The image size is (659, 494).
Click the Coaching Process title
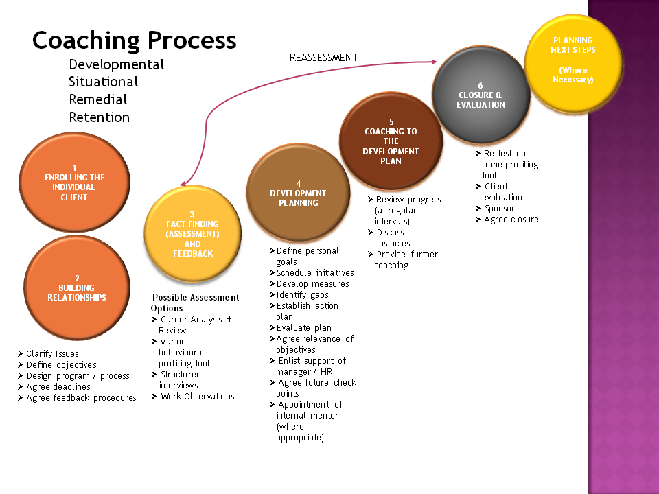pos(135,40)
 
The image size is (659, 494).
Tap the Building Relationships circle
pos(77,287)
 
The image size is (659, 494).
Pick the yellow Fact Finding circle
pos(193,233)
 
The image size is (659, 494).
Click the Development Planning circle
pos(298,193)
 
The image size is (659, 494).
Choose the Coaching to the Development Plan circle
pos(391,141)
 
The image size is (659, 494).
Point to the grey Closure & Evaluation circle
pos(481,95)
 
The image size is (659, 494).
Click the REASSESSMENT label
pos(323,58)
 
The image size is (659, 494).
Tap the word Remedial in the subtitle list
pos(98,99)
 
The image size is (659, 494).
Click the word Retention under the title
pos(99,117)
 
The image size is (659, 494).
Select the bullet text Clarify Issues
pos(52,354)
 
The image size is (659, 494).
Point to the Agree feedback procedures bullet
pos(81,398)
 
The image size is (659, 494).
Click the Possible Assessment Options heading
pos(196,303)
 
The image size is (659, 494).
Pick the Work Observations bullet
pos(197,397)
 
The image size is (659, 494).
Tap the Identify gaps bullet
pos(302,295)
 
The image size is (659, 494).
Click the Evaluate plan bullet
pos(303,328)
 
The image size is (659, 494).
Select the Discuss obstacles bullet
pos(392,237)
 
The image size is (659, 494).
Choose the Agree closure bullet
pos(511,220)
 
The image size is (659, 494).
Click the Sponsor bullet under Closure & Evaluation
pos(499,209)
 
